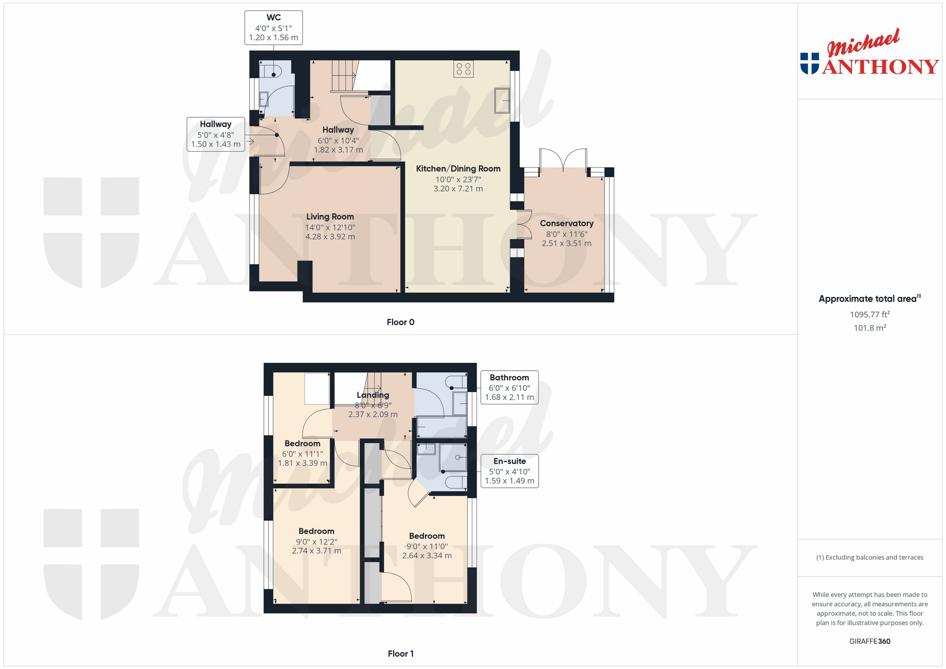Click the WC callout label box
point(273,28)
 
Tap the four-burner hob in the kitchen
point(463,69)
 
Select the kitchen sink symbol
point(503,100)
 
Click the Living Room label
point(330,217)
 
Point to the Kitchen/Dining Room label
point(458,169)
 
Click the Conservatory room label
point(567,223)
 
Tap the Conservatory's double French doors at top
point(563,159)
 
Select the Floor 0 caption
point(400,322)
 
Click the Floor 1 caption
point(400,654)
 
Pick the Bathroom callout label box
point(509,387)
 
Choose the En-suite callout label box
point(509,471)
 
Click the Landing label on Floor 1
point(373,395)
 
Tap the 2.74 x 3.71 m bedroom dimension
point(317,551)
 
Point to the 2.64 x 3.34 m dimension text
point(427,556)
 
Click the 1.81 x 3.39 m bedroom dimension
point(303,463)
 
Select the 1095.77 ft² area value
point(870,314)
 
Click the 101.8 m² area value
point(870,328)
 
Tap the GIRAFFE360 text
point(870,641)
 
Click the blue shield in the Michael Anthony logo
point(810,63)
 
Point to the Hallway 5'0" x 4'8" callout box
point(216,134)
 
